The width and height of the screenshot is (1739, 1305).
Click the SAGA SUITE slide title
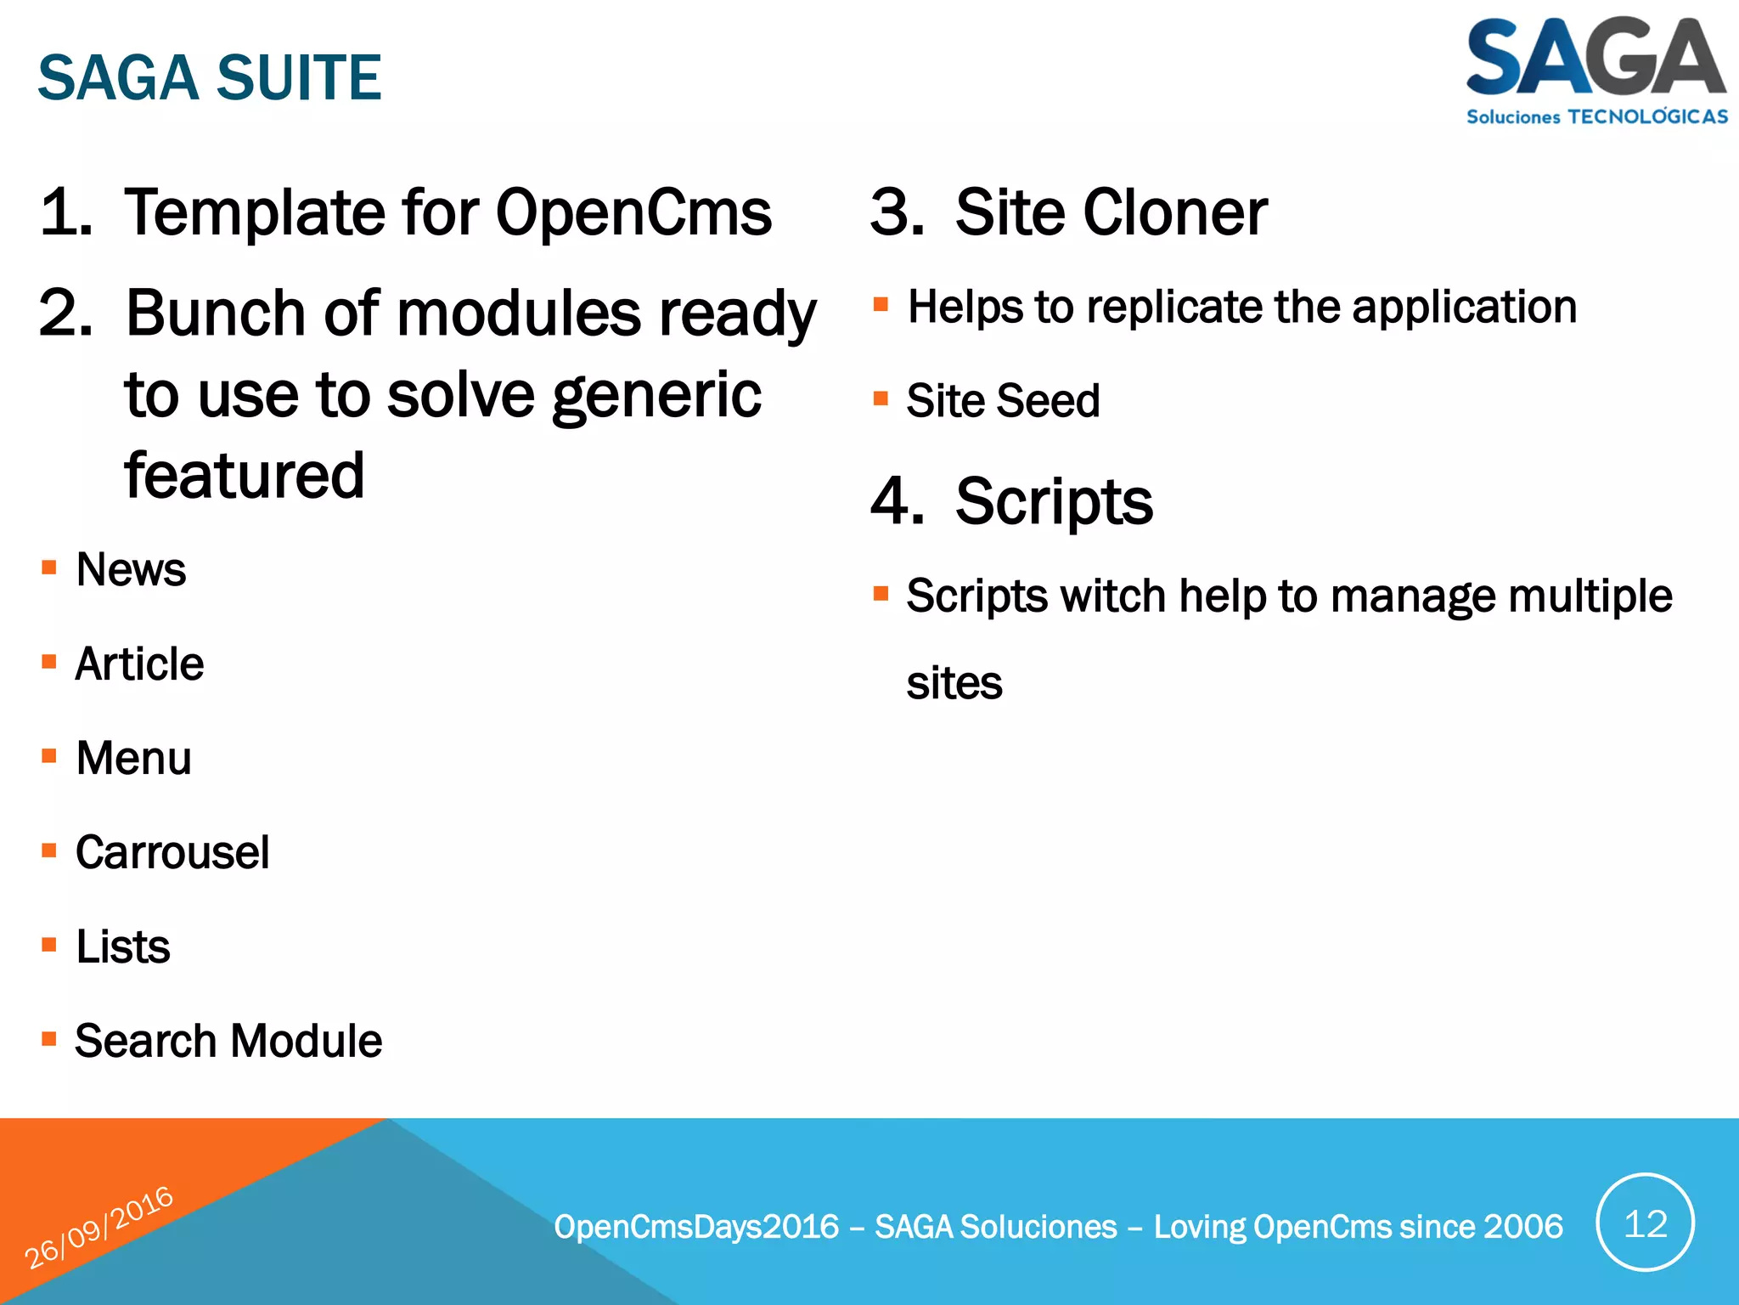pyautogui.click(x=210, y=77)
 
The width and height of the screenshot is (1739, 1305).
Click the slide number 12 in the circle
pyautogui.click(x=1645, y=1223)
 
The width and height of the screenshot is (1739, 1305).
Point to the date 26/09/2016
pyautogui.click(x=98, y=1228)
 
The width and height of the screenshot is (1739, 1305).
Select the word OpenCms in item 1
pyautogui.click(x=633, y=212)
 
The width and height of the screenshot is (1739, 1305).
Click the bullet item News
pyautogui.click(x=131, y=569)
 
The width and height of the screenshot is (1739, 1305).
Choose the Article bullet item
pyautogui.click(x=139, y=664)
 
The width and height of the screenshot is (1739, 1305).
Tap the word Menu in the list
pyautogui.click(x=133, y=758)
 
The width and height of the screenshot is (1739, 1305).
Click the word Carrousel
pyautogui.click(x=172, y=852)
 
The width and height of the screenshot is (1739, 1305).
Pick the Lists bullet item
pyautogui.click(x=123, y=946)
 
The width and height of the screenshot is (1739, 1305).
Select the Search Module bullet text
pyautogui.click(x=228, y=1041)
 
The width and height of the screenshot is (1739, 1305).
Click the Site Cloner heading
pyautogui.click(x=1111, y=212)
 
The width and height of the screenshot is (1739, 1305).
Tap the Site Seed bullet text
pyautogui.click(x=1003, y=400)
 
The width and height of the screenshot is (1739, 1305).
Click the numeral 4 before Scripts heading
pyautogui.click(x=897, y=501)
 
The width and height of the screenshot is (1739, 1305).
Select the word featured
pyautogui.click(x=245, y=476)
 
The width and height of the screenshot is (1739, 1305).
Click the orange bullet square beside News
pyautogui.click(x=49, y=568)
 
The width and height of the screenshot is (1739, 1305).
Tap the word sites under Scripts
pyautogui.click(x=954, y=683)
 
